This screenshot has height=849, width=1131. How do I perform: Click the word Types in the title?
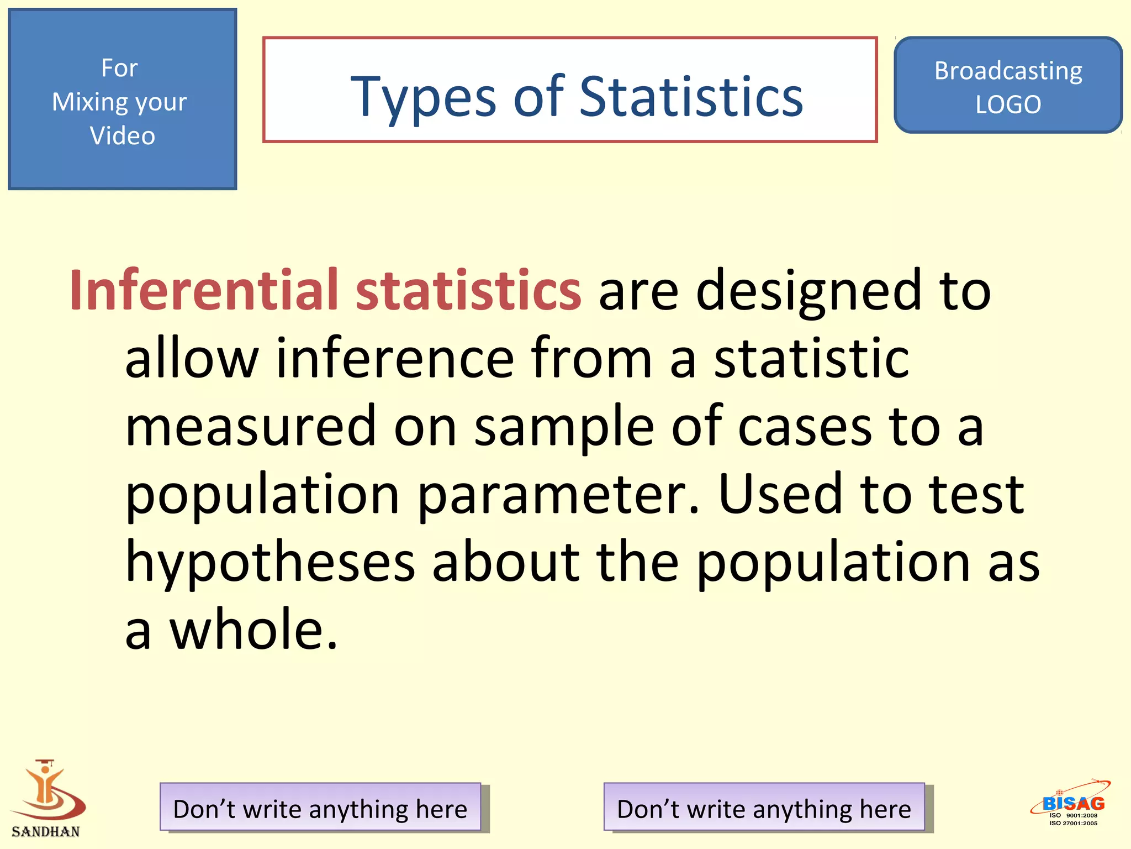point(423,97)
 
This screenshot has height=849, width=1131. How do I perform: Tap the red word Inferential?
point(203,290)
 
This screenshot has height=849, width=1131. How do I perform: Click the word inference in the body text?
point(395,358)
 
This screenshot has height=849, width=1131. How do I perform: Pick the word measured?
point(251,426)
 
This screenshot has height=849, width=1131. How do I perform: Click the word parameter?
point(558,494)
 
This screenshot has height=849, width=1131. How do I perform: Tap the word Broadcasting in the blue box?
point(1008,71)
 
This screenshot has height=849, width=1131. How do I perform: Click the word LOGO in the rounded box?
point(1008,104)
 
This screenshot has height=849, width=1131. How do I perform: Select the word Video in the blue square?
point(122,135)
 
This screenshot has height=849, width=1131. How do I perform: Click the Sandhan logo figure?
point(47,790)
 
